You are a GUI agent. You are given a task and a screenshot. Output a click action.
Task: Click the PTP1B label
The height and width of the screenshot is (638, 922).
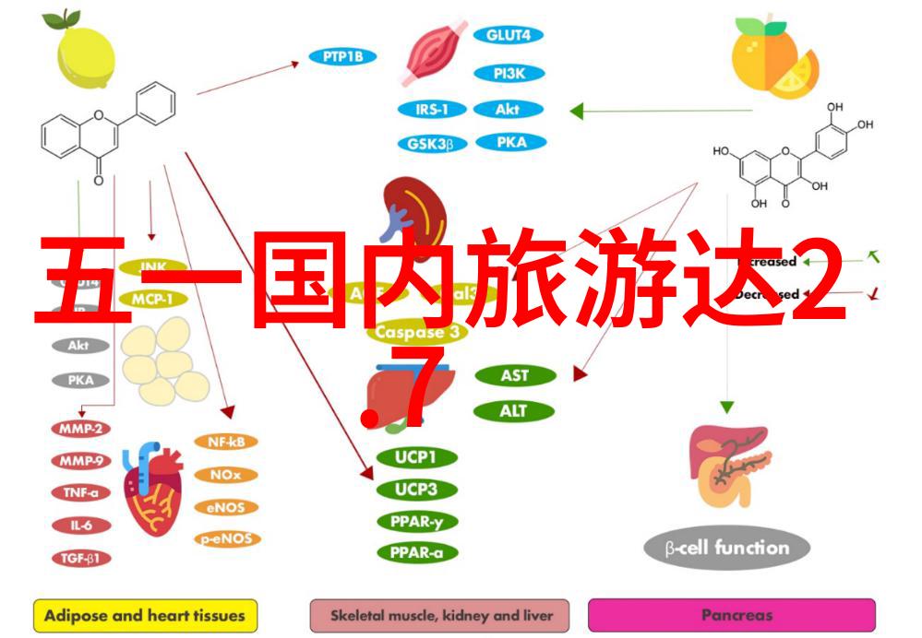point(342,57)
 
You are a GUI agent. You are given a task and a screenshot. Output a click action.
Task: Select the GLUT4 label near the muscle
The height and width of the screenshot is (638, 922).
point(508,36)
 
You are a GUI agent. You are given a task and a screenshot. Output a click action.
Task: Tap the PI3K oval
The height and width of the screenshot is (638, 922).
point(508,73)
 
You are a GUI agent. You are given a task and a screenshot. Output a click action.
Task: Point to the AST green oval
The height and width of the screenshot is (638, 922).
point(514,376)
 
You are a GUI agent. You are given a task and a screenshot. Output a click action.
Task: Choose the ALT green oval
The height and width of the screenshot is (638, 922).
point(514,411)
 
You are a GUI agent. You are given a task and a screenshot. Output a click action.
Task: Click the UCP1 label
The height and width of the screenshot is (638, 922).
point(416,456)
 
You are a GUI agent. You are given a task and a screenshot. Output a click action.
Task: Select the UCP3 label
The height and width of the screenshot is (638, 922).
point(416,490)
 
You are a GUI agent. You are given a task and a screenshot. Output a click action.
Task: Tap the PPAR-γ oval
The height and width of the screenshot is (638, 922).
point(416,522)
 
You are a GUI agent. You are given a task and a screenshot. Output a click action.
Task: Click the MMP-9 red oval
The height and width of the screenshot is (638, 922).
point(81,460)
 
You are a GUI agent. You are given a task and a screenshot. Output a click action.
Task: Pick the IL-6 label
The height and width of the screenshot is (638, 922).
point(81,526)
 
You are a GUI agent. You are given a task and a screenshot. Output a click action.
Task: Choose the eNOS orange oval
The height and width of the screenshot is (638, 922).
point(225,507)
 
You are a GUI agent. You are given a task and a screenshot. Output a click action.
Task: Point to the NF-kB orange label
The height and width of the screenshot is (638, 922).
point(225,442)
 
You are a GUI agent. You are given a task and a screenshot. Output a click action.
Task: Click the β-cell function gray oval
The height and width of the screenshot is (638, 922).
point(727,549)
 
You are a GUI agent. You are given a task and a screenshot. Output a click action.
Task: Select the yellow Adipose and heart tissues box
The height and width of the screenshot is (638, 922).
point(145,615)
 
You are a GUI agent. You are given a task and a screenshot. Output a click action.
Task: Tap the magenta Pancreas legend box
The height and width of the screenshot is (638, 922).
point(731,615)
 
